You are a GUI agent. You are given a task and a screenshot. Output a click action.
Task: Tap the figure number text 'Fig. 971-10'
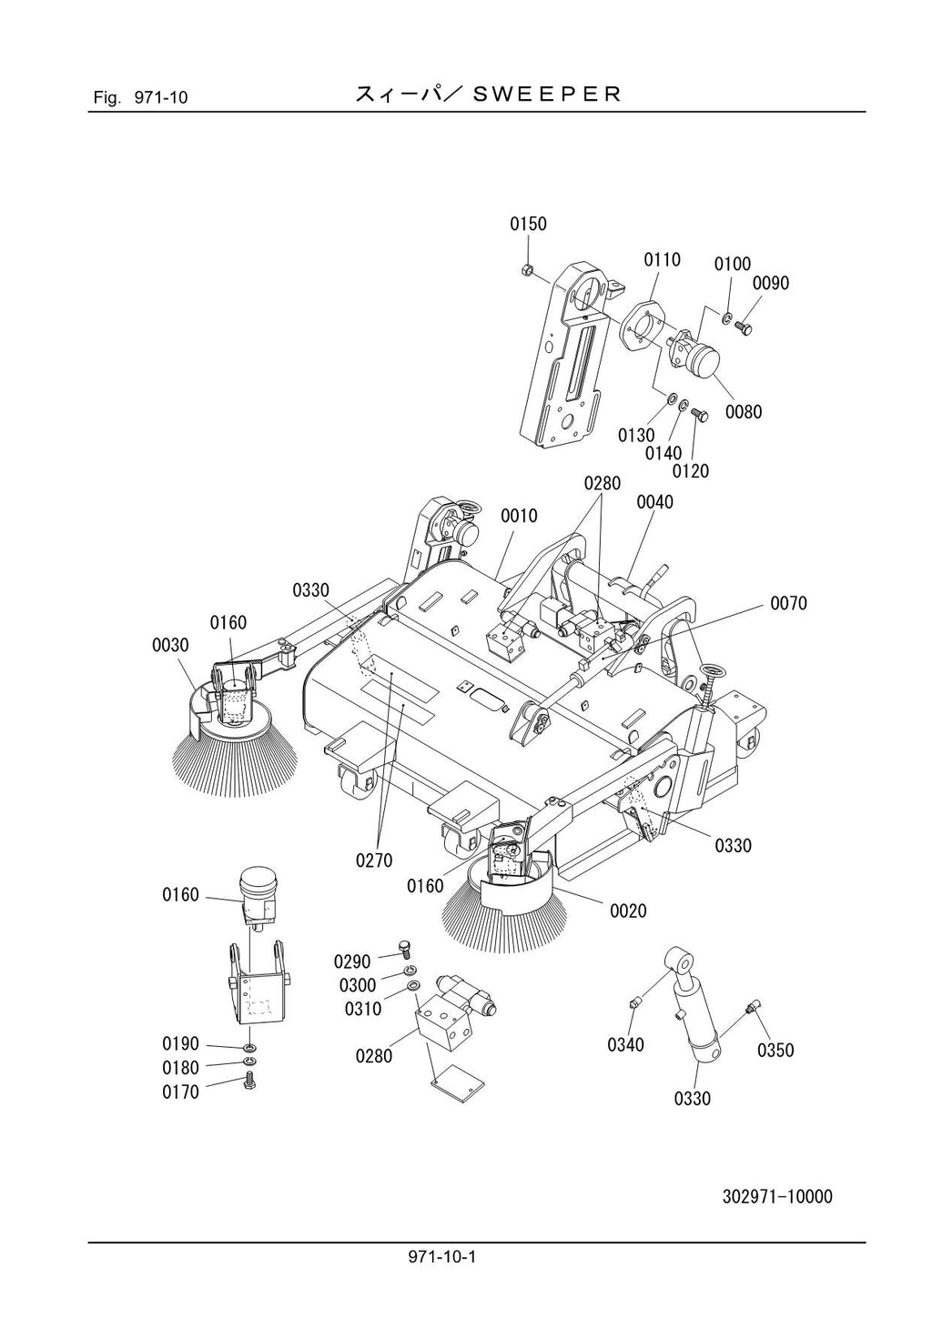140,97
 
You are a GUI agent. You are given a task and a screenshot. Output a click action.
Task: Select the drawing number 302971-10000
777,1196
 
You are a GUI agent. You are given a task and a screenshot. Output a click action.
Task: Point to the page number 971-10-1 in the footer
443,1257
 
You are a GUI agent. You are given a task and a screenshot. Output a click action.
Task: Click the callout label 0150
528,224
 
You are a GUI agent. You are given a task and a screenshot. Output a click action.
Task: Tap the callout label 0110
662,260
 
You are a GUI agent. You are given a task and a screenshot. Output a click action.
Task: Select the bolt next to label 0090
743,323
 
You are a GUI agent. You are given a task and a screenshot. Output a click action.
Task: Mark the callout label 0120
691,471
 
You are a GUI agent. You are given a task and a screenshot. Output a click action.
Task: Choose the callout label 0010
519,516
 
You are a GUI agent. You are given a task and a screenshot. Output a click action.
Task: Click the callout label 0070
788,603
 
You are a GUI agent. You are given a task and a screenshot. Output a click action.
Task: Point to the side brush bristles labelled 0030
235,750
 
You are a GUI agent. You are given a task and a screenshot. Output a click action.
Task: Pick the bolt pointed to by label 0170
249,1081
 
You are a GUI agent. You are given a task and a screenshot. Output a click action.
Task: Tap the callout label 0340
625,1045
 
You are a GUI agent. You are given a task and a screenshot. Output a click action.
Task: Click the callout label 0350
775,1051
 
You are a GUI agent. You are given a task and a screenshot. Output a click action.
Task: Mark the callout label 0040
654,502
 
